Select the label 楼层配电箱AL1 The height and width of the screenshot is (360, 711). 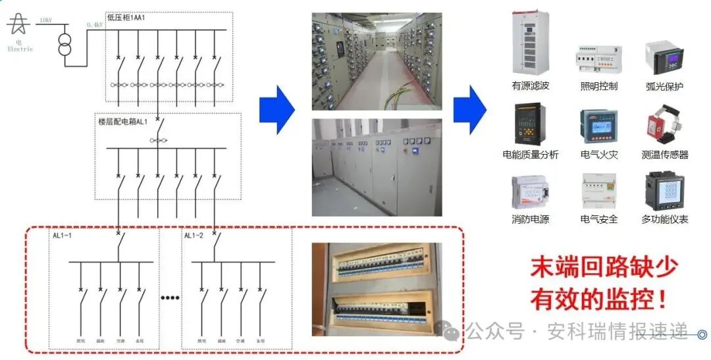123,122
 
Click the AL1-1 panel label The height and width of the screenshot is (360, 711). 64,236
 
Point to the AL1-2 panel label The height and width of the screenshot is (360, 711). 194,236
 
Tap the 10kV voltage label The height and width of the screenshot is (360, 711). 45,20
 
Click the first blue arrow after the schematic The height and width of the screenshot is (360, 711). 276,109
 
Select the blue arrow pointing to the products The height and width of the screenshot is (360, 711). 469,109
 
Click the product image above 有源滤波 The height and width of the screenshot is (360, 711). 530,43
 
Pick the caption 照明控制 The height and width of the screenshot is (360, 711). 598,86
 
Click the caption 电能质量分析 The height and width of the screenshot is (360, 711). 530,155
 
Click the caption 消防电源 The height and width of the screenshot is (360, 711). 530,219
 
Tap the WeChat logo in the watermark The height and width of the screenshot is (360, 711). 452,332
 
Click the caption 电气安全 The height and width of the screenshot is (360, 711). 598,219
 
